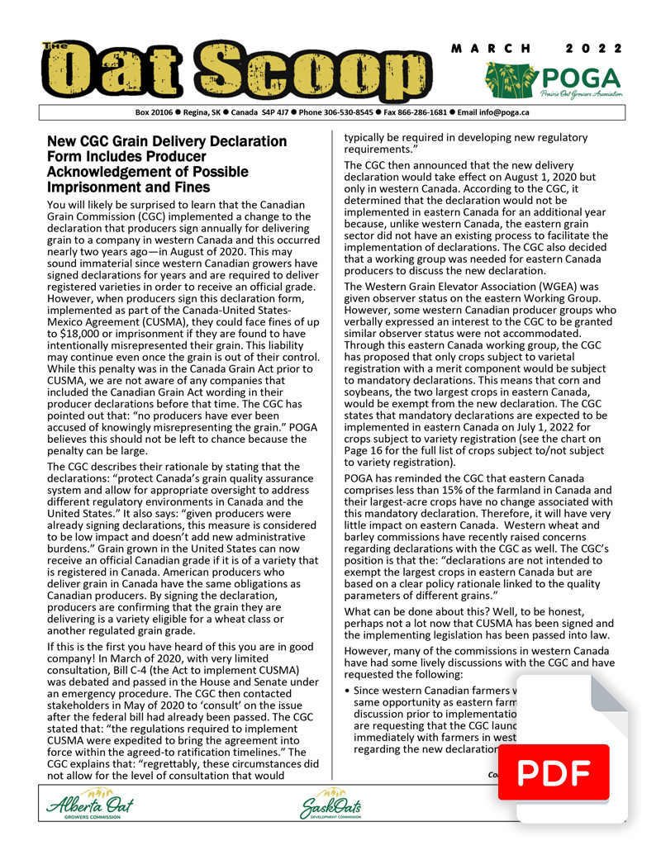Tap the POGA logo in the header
click(553, 82)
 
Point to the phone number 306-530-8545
click(335, 112)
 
